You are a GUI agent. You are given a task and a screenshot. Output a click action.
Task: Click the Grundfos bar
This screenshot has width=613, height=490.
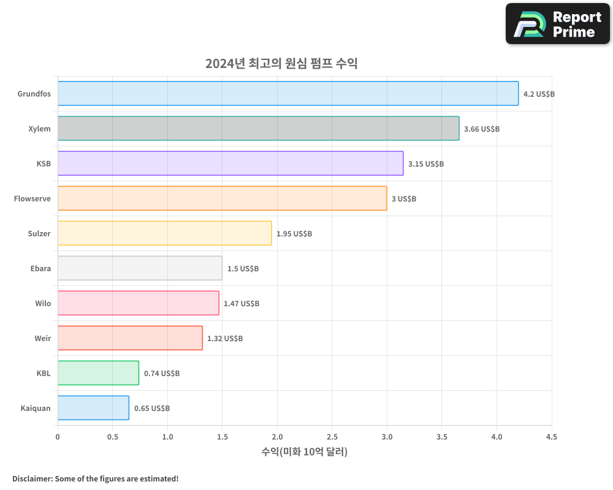tap(288, 94)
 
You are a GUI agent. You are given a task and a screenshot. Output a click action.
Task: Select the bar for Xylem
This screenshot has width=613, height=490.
tap(258, 129)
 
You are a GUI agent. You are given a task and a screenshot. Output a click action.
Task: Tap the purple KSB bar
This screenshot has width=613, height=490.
tap(230, 164)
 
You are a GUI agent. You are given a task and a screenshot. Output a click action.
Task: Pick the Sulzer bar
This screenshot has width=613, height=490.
tap(164, 233)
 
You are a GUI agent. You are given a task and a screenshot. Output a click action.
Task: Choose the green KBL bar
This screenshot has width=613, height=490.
tap(98, 373)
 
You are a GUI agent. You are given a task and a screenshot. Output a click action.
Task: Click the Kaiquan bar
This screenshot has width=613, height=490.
tap(93, 408)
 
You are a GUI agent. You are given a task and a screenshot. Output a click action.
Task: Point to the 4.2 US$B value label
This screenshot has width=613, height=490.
tap(539, 94)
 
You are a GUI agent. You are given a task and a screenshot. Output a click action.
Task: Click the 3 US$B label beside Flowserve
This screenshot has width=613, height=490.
tap(404, 199)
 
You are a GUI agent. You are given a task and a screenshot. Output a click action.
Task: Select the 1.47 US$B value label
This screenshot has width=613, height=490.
tap(242, 304)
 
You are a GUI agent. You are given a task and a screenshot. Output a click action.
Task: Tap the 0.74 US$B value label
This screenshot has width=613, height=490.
tap(162, 374)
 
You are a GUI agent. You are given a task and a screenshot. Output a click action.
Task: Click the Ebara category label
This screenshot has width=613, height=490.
tap(40, 268)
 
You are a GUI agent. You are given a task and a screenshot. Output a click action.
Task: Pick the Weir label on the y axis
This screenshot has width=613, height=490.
tap(43, 338)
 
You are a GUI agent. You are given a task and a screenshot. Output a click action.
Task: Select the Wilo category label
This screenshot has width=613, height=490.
tap(43, 303)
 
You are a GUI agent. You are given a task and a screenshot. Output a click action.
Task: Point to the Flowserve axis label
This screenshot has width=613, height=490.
tap(32, 198)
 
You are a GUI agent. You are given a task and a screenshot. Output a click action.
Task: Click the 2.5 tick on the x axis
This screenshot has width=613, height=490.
tap(332, 437)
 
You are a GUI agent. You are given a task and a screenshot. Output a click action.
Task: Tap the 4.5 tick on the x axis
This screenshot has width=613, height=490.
tap(551, 437)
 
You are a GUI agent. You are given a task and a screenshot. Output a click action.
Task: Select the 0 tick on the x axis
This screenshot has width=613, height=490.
tap(58, 437)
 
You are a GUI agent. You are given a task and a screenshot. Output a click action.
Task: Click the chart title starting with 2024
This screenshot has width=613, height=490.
tap(281, 64)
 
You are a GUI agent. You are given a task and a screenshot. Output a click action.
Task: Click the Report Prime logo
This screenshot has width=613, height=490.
tap(557, 24)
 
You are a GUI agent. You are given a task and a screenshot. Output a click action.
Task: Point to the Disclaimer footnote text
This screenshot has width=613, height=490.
tap(95, 478)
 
